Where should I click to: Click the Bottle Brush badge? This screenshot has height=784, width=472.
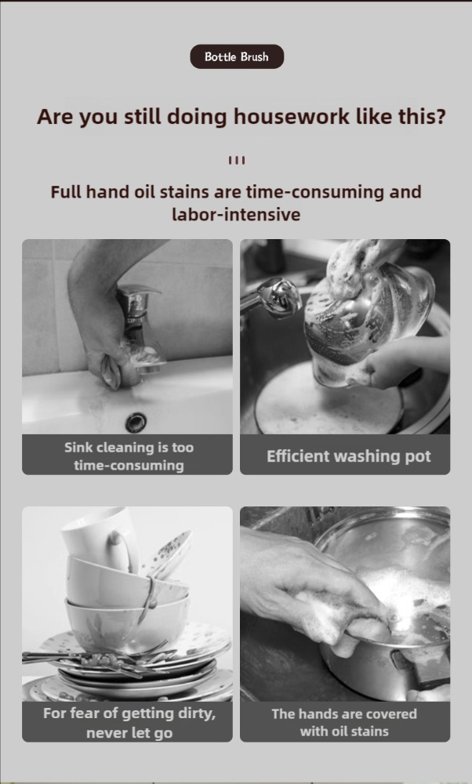(x=237, y=56)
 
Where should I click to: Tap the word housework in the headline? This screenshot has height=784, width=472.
(x=292, y=117)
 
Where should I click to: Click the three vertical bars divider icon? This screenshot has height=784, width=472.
(x=237, y=161)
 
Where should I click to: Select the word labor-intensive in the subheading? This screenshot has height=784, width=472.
(x=236, y=215)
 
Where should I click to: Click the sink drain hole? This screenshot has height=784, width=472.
(x=135, y=422)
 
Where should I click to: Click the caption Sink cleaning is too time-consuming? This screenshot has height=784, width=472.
(x=129, y=456)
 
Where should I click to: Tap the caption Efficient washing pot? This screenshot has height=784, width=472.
(x=348, y=456)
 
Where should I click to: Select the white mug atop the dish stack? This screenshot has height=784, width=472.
(x=100, y=539)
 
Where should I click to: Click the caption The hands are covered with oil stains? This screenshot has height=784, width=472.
(x=344, y=722)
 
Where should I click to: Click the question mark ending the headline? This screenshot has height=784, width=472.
(x=440, y=117)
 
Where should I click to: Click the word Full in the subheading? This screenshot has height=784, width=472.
(x=66, y=191)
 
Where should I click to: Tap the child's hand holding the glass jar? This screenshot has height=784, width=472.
(x=405, y=360)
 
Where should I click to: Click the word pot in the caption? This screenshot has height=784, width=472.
(x=417, y=456)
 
